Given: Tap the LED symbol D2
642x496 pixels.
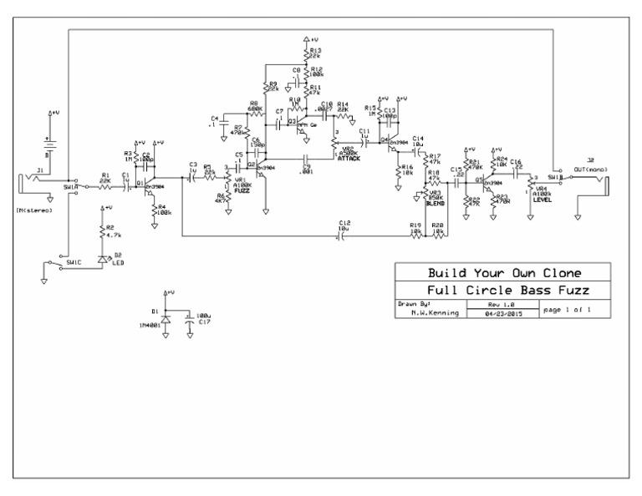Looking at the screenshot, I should [103, 260].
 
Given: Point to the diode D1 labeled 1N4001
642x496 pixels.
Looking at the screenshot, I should [166, 320].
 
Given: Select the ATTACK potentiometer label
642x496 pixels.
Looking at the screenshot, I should [349, 159].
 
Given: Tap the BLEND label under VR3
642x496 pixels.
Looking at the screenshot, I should [434, 203].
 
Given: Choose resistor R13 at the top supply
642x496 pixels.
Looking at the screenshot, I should [308, 53].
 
